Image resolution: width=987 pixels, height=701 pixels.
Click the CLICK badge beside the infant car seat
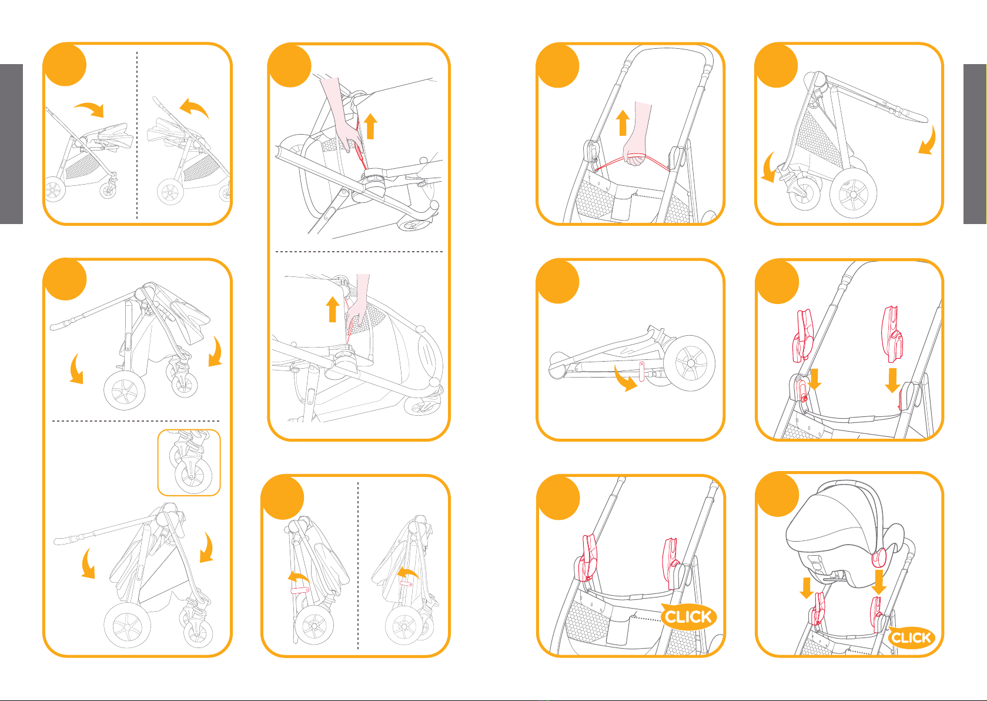(x=911, y=637)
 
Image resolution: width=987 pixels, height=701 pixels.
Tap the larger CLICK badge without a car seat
(x=688, y=616)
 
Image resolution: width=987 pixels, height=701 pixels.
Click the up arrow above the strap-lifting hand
(x=623, y=122)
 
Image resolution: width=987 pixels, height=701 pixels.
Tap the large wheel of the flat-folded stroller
(x=690, y=362)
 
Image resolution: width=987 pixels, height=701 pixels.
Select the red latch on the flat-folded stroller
(x=641, y=371)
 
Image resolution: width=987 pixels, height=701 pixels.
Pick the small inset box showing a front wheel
(x=189, y=462)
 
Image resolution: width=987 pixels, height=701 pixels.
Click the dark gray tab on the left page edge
(x=11, y=144)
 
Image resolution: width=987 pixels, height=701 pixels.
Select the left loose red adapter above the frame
(x=803, y=336)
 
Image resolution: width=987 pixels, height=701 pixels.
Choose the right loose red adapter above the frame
(x=892, y=334)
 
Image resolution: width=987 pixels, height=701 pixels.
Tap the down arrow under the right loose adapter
(x=893, y=380)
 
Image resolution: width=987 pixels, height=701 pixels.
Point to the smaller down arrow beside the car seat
(x=807, y=588)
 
